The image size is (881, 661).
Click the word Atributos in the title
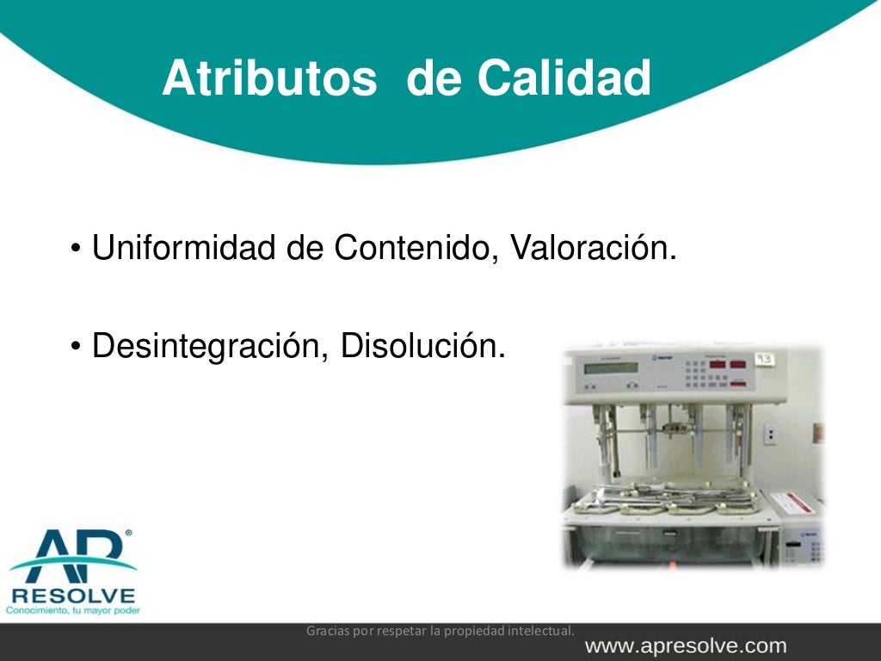(269, 79)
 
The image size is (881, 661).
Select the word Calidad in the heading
(564, 79)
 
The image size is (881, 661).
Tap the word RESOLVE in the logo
(73, 596)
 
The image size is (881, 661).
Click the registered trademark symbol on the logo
(128, 534)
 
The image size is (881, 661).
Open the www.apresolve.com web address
(686, 646)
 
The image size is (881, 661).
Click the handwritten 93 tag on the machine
(764, 359)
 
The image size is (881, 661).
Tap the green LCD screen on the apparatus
(610, 368)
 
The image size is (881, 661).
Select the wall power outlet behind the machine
(770, 435)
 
